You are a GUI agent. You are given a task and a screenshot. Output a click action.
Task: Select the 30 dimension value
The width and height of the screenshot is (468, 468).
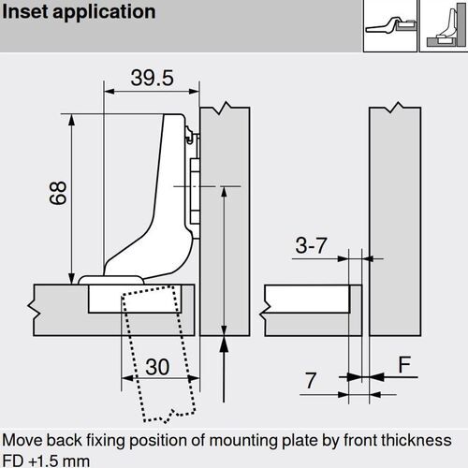click(157, 367)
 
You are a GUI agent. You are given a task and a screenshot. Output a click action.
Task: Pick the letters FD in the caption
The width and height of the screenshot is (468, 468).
click(14, 459)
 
